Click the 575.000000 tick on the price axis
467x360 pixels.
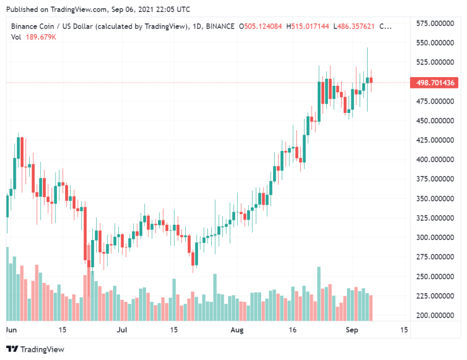435,23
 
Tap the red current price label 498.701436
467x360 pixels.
435,83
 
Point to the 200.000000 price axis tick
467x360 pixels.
435,315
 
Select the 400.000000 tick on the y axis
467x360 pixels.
435,160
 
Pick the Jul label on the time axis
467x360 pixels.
122,330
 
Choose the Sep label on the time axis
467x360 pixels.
351,330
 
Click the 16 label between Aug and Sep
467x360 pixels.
292,330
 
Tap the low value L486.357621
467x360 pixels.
354,26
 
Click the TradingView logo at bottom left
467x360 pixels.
35,349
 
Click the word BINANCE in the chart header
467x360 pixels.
222,26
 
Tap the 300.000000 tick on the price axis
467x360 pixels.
435,237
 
